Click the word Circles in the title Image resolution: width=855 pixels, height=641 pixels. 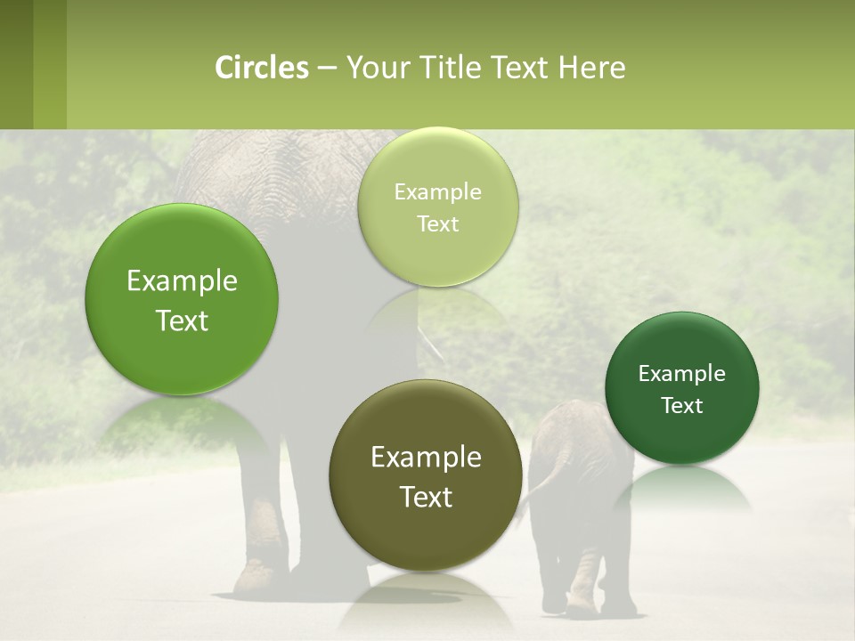(x=262, y=68)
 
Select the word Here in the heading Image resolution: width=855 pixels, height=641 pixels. (x=591, y=68)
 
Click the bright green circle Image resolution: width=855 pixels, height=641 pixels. (x=182, y=299)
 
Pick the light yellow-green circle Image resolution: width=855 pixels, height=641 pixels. (x=437, y=207)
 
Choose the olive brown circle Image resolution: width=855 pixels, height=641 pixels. (x=426, y=475)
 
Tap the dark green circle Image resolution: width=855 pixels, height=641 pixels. (x=681, y=388)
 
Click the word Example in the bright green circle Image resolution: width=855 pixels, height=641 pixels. (x=182, y=281)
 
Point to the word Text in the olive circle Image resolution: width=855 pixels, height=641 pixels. (x=426, y=497)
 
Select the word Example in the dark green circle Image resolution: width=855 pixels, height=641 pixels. (x=681, y=374)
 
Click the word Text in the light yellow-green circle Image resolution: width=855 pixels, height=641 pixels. (x=437, y=223)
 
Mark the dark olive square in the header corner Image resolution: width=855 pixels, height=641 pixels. (x=17, y=64)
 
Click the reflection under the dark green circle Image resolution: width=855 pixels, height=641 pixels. (x=681, y=490)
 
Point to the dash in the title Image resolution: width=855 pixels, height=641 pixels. (x=326, y=69)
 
